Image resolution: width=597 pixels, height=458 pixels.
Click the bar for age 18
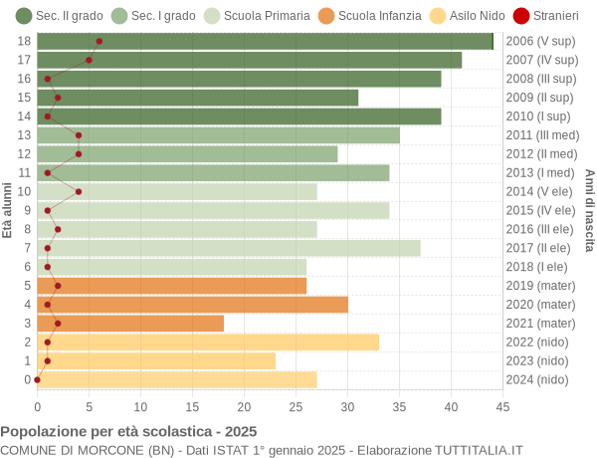tap(265, 41)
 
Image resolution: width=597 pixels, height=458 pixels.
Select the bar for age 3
tap(130, 323)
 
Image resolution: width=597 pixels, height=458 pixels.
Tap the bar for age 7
tap(229, 248)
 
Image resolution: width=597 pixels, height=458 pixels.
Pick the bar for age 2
tap(208, 342)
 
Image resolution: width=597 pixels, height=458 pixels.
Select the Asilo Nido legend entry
tap(445, 16)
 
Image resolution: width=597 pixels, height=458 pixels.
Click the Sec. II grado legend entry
tap(59, 16)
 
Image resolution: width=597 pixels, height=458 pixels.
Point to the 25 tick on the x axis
tap(296, 406)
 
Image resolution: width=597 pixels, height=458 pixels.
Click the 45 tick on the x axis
tap(502, 406)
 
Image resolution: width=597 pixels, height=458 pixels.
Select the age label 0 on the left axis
tap(28, 379)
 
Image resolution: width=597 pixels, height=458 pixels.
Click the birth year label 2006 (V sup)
tap(540, 41)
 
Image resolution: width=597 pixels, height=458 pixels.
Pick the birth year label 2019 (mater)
tap(540, 286)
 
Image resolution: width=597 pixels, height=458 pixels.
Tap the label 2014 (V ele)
tap(540, 191)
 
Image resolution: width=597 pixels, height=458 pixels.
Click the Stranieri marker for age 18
tap(99, 41)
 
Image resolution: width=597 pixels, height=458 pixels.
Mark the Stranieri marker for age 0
tap(38, 379)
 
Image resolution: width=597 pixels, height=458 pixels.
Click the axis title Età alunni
tap(8, 210)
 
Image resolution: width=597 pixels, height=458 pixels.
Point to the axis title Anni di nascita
tap(589, 210)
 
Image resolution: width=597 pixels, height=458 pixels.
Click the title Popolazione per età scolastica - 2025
tap(128, 432)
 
